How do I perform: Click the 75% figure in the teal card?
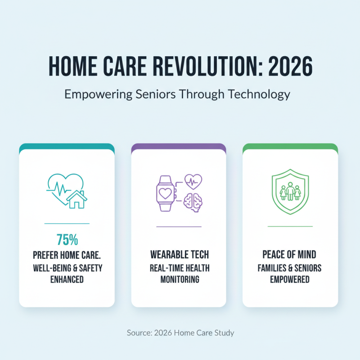pos(67,239)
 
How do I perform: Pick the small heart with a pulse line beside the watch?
pos(193,182)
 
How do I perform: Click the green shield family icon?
pos(290,191)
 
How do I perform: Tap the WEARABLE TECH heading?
pos(179,255)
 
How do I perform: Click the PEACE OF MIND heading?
pos(290,255)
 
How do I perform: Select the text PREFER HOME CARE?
pos(67,255)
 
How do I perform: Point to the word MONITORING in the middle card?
pos(179,279)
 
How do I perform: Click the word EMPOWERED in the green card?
pos(290,279)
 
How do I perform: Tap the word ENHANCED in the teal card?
pos(67,279)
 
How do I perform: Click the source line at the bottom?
pos(180,333)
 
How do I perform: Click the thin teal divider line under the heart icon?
pos(67,223)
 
